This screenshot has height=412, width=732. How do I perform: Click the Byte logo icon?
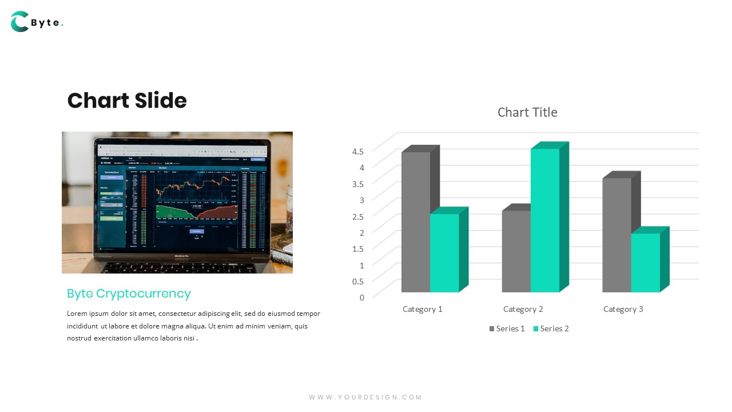[19, 22]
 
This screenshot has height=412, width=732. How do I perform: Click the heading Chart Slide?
[127, 101]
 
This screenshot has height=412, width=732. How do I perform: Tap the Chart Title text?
[527, 112]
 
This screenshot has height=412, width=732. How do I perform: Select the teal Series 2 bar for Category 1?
[444, 253]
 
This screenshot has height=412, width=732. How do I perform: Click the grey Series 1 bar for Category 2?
[516, 251]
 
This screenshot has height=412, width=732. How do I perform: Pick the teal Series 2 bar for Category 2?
[545, 220]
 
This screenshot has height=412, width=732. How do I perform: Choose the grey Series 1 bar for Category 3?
[616, 235]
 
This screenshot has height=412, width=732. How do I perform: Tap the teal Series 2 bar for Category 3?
[646, 263]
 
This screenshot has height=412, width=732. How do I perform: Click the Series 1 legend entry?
[507, 328]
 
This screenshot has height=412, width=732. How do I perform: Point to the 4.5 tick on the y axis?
[358, 151]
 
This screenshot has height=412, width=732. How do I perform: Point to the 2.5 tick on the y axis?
[358, 216]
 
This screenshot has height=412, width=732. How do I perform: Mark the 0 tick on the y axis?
[361, 297]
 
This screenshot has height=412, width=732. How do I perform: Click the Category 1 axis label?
[423, 309]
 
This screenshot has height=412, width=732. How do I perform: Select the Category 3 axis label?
[623, 309]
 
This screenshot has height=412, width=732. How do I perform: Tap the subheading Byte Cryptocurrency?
[129, 294]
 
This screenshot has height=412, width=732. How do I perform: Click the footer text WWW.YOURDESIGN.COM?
[365, 397]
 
